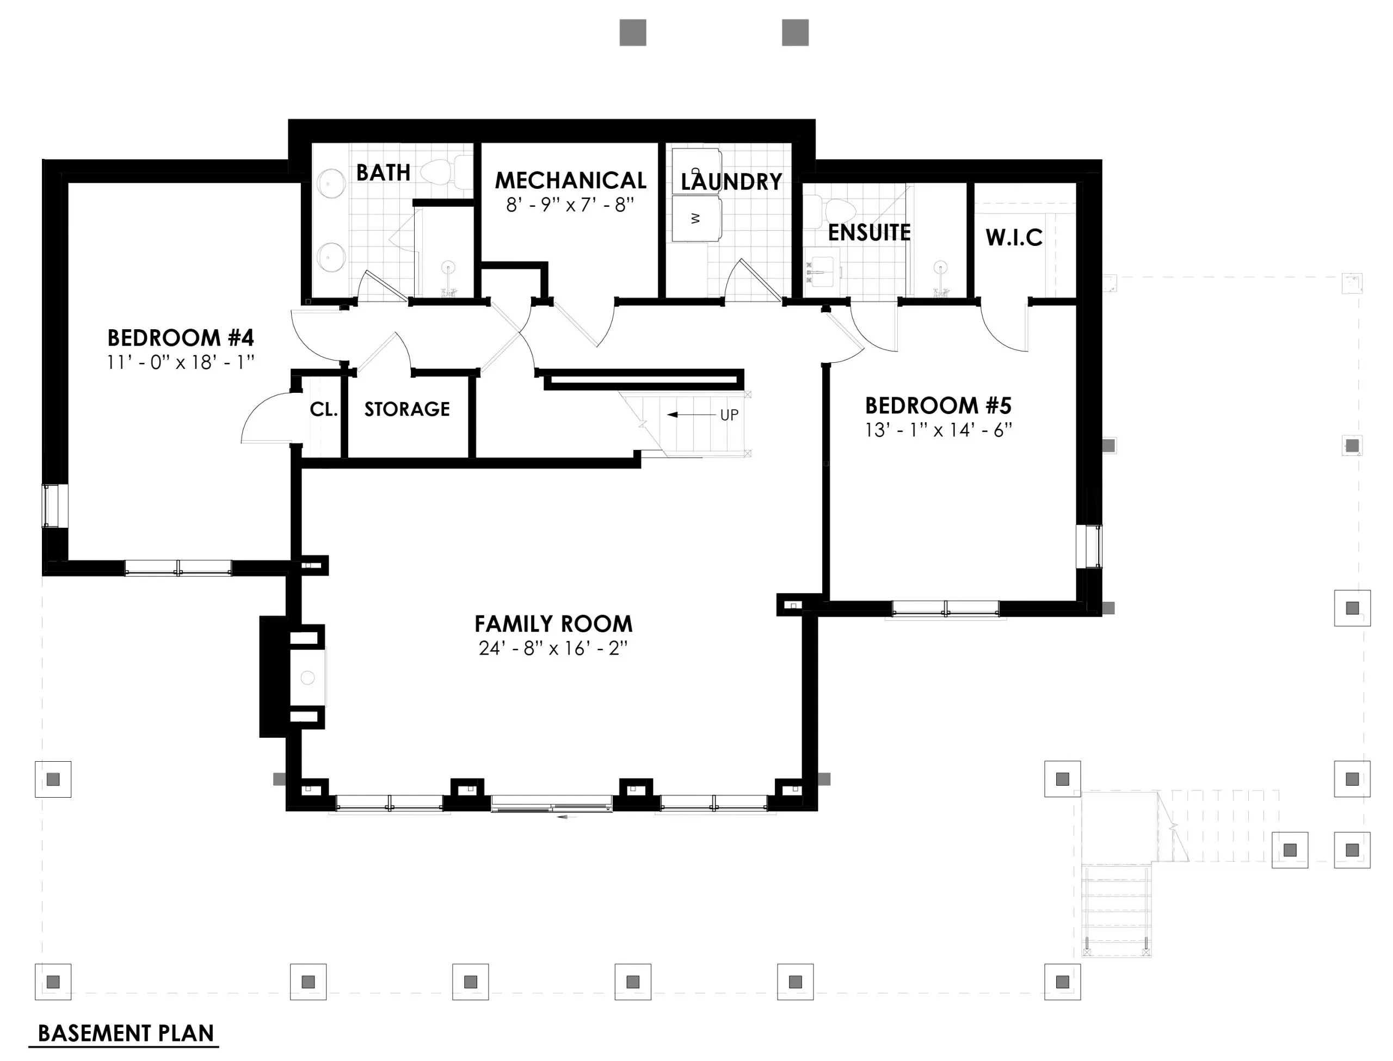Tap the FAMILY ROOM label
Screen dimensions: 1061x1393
point(553,624)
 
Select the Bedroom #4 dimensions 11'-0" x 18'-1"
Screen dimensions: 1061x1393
point(181,362)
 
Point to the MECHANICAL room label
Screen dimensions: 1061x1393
point(570,181)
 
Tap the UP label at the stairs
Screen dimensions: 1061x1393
point(729,415)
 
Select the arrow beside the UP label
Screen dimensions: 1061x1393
point(691,415)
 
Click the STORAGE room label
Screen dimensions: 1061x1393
point(406,409)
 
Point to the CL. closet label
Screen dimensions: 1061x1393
point(323,409)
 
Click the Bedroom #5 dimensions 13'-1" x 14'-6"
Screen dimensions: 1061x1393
point(938,430)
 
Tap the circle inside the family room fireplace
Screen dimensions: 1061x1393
point(307,677)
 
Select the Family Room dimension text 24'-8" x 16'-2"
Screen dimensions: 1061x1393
point(553,649)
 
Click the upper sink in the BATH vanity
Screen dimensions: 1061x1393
point(330,184)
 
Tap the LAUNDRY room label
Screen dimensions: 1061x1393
point(731,182)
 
